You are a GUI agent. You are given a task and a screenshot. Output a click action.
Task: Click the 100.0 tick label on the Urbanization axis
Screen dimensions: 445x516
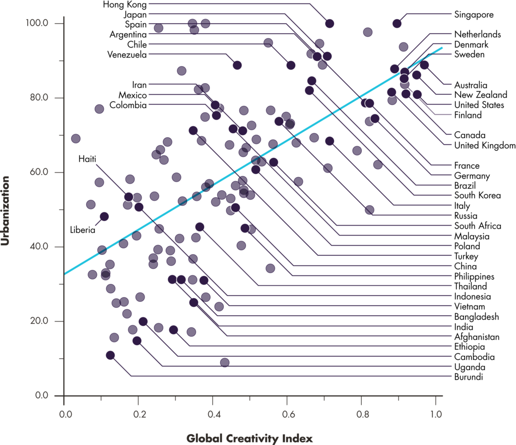(x=39, y=23)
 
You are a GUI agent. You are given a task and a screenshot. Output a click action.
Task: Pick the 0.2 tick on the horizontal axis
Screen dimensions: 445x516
(x=138, y=415)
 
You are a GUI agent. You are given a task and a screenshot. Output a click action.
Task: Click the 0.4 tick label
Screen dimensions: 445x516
(x=212, y=415)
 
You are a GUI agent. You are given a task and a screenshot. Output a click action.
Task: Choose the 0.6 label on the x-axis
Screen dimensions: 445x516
(x=287, y=415)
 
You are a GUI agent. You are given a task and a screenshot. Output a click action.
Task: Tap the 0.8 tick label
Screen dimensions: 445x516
(x=361, y=415)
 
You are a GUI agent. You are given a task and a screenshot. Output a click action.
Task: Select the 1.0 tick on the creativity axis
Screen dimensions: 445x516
(x=435, y=415)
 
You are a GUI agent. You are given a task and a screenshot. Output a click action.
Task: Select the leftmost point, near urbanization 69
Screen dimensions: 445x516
(x=76, y=139)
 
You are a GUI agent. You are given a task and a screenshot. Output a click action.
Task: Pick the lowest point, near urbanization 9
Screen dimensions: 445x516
(x=225, y=362)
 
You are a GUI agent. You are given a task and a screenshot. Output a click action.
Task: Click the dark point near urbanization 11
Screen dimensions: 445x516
(x=110, y=355)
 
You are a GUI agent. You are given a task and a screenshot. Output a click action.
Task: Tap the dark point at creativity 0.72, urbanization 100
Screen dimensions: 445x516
(x=330, y=23)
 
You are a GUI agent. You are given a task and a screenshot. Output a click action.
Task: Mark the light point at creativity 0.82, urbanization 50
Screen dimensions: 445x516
(x=369, y=210)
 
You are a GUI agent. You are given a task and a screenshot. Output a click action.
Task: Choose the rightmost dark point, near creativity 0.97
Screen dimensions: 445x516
(x=424, y=65)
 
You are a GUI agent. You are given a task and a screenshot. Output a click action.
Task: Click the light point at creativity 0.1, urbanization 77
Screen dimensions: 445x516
(x=99, y=109)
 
